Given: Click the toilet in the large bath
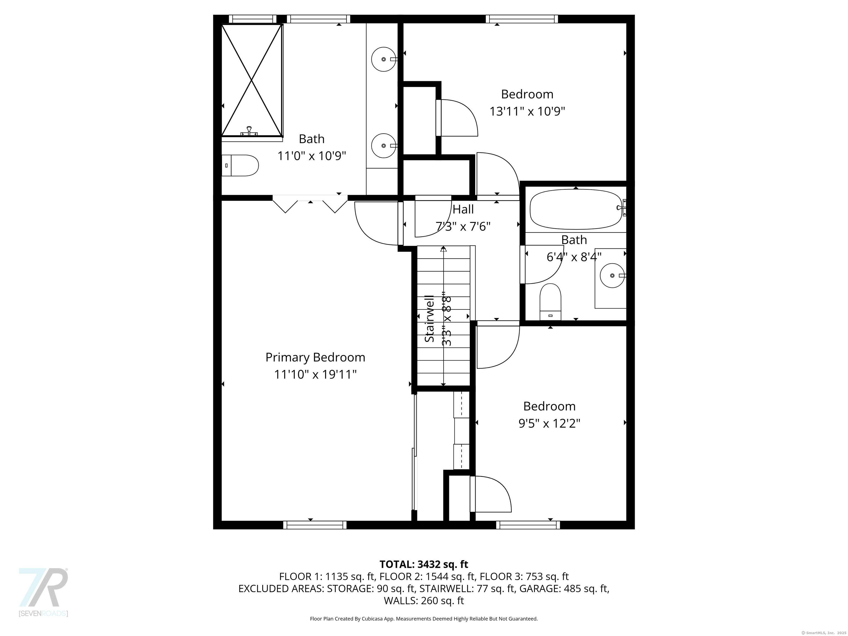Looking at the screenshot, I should pos(240,166).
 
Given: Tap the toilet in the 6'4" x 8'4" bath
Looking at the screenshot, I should pos(550,302).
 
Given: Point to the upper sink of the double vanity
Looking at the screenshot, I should pos(384,59).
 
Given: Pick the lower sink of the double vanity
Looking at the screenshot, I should pos(384,146).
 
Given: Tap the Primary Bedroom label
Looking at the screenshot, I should pos(315,357).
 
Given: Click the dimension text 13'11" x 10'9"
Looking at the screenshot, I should pos(527,112).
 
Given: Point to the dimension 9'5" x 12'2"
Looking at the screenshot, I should pos(549,424).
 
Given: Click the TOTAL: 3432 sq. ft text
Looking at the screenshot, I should pos(424,564).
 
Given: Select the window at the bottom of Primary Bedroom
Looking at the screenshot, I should pos(315,525).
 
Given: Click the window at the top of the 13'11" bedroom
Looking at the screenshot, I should pos(522,19).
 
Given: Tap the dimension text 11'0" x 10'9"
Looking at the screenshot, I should pos(312,156).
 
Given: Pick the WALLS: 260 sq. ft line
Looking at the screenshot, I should pos(424,601).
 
